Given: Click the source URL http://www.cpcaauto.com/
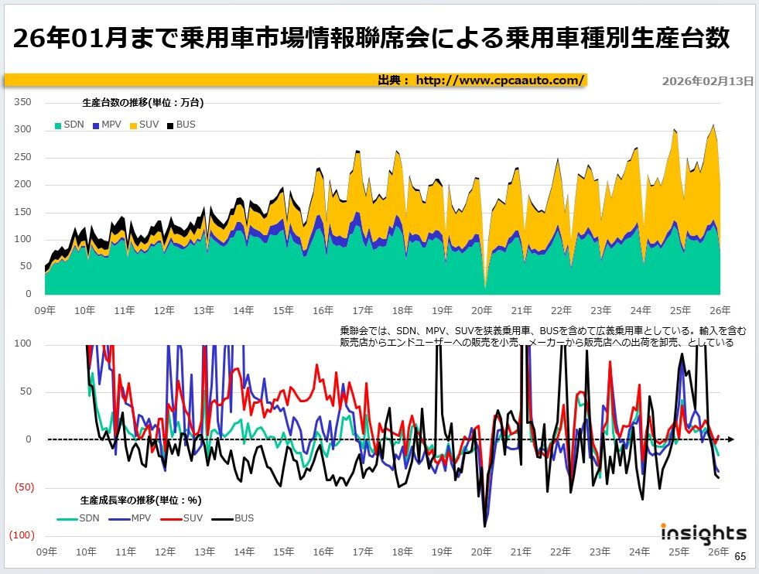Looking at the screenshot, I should click(x=499, y=80).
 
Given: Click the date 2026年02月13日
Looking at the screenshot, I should click(x=707, y=81).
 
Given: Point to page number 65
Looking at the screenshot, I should click(x=740, y=556).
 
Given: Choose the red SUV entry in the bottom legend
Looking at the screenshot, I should click(x=189, y=518).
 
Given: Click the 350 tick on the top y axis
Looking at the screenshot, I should click(x=23, y=102).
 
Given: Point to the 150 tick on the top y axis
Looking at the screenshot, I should click(x=23, y=212).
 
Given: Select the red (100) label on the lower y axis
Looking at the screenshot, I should click(x=21, y=535).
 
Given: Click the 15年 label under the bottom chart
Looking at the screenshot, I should click(x=283, y=552).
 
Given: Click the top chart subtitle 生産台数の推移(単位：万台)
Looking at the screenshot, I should click(x=142, y=102).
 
